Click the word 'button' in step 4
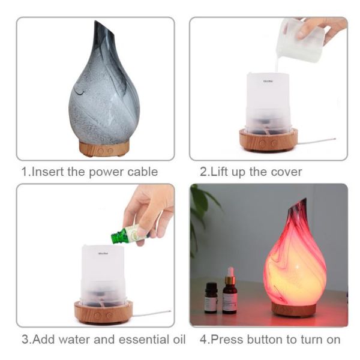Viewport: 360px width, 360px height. click(x=265, y=340)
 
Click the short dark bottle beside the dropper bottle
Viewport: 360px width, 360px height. click(x=211, y=298)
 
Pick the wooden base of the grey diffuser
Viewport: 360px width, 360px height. click(x=104, y=149)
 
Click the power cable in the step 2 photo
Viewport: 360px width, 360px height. click(x=317, y=141)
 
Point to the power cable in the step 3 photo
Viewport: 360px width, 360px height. click(x=152, y=313)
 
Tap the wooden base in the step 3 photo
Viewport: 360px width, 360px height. click(x=104, y=312)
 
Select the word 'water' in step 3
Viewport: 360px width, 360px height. click(x=74, y=340)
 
